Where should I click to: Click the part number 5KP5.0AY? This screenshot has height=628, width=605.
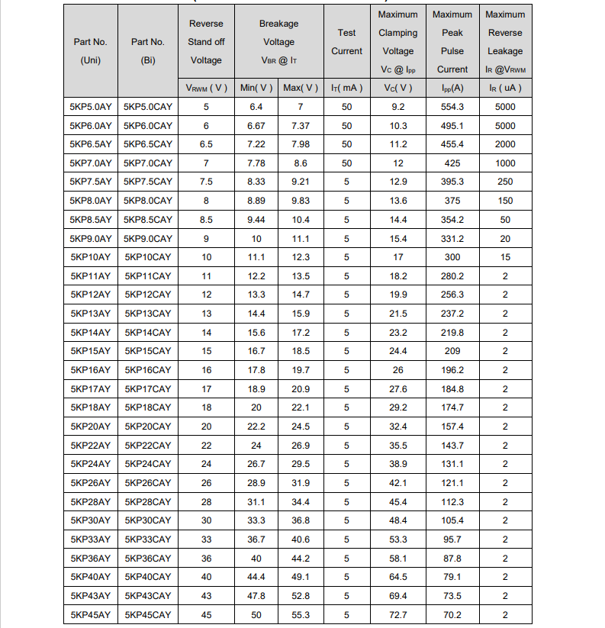[91, 107]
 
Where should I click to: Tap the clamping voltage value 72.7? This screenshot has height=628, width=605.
[398, 614]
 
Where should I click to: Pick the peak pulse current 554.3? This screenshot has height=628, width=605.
[452, 107]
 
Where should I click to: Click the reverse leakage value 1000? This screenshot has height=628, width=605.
[504, 163]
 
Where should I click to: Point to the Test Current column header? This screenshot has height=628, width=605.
[346, 42]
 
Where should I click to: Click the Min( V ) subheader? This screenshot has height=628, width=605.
[256, 88]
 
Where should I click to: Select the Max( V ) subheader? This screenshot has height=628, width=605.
[301, 88]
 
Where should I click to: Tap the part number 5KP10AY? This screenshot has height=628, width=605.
[91, 257]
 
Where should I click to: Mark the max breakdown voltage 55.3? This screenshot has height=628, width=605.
[301, 614]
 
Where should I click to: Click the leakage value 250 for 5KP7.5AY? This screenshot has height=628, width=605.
[504, 182]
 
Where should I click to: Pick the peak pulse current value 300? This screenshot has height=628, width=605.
[452, 257]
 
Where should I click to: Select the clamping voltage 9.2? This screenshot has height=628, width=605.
[398, 107]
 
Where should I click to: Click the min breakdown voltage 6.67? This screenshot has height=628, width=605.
[256, 126]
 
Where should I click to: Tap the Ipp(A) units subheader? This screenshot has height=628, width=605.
[452, 88]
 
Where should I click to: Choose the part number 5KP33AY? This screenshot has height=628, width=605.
[91, 539]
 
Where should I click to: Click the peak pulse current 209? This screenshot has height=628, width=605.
[452, 351]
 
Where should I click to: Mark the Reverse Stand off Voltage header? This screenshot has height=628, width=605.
[206, 42]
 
